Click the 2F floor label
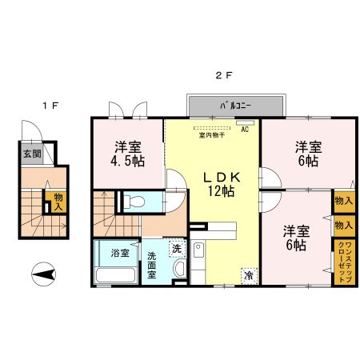point(223,76)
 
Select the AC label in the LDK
point(245,128)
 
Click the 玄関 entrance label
point(31,154)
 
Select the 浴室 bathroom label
point(121,253)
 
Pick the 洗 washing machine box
point(176,249)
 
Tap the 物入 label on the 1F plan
point(58,202)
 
